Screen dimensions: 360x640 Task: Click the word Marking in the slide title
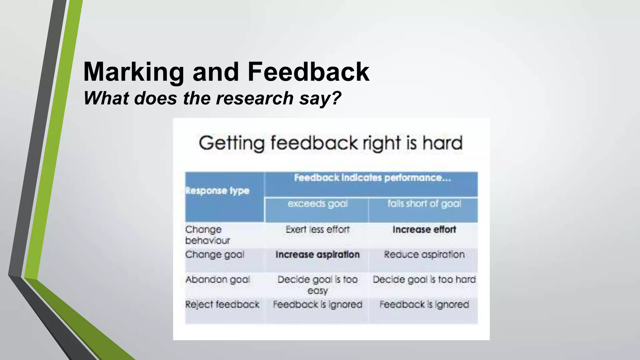click(x=134, y=72)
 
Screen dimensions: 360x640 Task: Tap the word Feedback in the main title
click(x=308, y=72)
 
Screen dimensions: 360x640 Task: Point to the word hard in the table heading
click(x=442, y=143)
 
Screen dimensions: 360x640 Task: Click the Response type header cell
click(x=217, y=191)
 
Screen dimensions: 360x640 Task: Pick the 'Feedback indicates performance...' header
click(x=372, y=178)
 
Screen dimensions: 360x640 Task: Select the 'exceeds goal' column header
click(x=317, y=204)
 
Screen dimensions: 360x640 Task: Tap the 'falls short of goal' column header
click(x=424, y=204)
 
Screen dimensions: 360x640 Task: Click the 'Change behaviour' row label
click(x=207, y=235)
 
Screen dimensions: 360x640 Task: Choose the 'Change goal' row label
click(x=215, y=255)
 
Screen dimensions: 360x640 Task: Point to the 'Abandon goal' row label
click(x=218, y=279)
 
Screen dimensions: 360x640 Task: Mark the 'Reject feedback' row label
click(x=222, y=304)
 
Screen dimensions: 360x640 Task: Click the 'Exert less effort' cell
click(x=317, y=230)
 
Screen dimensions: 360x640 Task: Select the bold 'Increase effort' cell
click(x=424, y=230)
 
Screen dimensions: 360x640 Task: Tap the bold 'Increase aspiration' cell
click(x=317, y=255)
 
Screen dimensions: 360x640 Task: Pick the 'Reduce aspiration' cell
click(x=424, y=255)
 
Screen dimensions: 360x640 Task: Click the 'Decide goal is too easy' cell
click(x=317, y=285)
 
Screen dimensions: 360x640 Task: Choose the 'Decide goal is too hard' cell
click(x=424, y=279)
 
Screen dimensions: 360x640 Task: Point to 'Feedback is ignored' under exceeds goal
click(x=317, y=304)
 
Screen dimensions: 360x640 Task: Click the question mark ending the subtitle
click(x=336, y=98)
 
